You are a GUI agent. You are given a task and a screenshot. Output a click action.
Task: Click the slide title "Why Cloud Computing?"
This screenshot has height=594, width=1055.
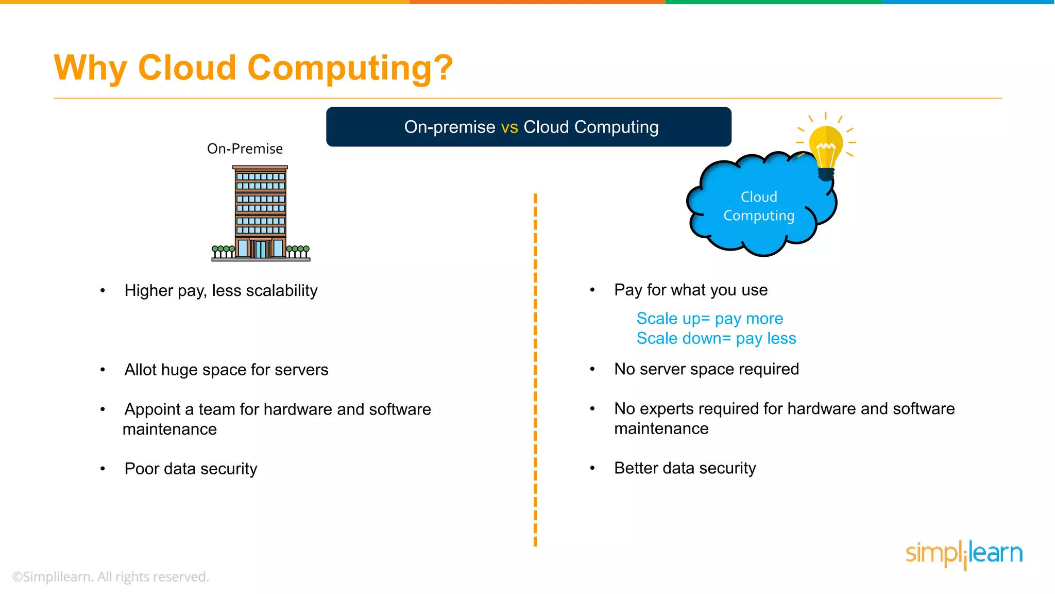pos(253,68)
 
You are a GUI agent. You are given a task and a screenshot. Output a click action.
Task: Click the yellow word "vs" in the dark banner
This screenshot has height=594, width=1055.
pos(509,127)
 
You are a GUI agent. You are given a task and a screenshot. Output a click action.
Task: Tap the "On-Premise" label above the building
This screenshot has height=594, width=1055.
pos(245,149)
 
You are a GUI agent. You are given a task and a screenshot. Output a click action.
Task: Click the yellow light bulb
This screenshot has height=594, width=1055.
pos(825,147)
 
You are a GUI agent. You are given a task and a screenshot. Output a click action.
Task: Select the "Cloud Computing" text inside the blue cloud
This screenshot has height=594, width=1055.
pos(759,206)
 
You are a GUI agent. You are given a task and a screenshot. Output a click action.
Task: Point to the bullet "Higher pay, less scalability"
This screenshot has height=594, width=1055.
pos(221,291)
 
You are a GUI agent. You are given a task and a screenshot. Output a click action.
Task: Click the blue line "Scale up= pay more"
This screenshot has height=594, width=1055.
pos(709,319)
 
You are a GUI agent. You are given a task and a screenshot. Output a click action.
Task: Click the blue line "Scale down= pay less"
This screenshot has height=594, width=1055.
pos(716,339)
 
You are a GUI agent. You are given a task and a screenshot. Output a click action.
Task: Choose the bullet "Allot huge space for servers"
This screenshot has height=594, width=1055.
pos(226,370)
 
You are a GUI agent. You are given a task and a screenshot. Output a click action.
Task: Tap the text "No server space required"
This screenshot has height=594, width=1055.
pos(706,369)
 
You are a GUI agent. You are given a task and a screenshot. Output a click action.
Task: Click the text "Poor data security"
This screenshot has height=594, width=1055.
pos(191,469)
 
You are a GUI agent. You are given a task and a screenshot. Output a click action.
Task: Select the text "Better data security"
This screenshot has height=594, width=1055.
pos(685,468)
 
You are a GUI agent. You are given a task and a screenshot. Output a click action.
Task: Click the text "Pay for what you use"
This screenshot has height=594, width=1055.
pos(691,290)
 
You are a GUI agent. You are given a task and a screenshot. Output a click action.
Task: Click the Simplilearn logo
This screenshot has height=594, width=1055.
pos(964,554)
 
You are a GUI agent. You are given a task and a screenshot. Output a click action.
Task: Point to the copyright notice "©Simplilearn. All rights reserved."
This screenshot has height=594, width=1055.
pos(111,577)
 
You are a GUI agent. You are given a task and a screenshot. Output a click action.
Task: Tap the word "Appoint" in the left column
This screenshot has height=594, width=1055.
pos(152,409)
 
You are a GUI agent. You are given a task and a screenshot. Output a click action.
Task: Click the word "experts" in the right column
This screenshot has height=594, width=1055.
pos(667,409)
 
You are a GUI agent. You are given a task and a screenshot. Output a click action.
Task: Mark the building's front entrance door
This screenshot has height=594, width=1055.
pos(261,249)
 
